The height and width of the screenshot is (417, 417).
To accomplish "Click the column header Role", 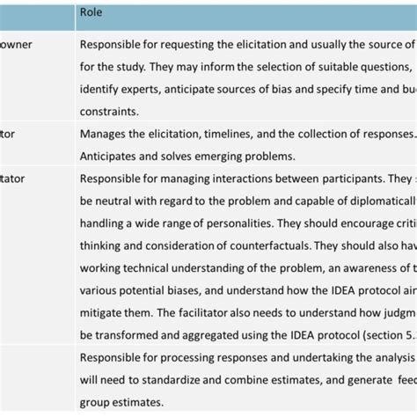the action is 91,11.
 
